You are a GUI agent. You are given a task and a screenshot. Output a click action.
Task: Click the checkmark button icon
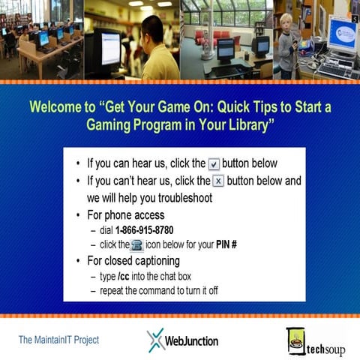(x=214, y=163)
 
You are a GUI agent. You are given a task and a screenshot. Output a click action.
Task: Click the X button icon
(x=218, y=181)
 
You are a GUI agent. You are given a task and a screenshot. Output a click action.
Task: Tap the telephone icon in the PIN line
(x=136, y=245)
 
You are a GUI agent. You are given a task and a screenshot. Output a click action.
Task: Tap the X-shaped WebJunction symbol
(x=155, y=340)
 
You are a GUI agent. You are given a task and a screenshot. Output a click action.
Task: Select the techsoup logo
(x=315, y=341)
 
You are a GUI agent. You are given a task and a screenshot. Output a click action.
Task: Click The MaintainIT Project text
(x=58, y=340)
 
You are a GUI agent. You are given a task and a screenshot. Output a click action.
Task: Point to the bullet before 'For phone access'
(x=79, y=216)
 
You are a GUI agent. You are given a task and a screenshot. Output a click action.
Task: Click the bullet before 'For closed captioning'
(x=79, y=261)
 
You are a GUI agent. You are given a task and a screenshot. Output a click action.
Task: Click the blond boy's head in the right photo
(x=287, y=22)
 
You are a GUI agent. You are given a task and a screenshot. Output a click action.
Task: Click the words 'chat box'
(x=185, y=277)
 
